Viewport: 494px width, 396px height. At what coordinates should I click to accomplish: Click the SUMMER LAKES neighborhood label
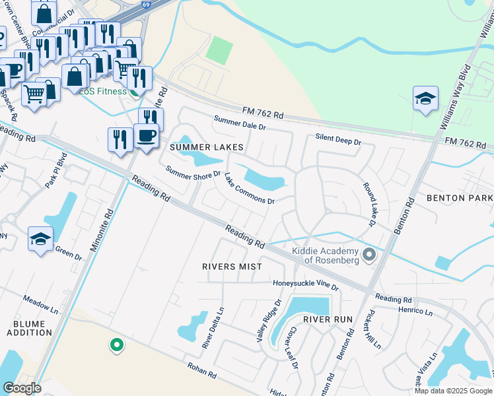pos(206,147)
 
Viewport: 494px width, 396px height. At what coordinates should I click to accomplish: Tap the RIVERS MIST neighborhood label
pos(232,267)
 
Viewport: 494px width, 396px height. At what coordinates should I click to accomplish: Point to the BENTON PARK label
pos(460,198)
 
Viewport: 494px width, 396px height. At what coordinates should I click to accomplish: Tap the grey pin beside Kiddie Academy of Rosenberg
pos(369,254)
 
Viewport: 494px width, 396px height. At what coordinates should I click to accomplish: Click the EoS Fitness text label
pos(102,91)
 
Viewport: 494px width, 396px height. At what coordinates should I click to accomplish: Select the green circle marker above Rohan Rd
pos(116,345)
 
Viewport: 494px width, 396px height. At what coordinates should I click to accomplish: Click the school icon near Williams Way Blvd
pos(425,99)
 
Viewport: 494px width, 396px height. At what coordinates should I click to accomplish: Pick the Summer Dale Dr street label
pos(239,122)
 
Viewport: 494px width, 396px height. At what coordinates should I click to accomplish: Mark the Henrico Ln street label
pos(414,311)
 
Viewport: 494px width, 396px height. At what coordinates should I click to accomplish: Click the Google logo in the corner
pos(21,388)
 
